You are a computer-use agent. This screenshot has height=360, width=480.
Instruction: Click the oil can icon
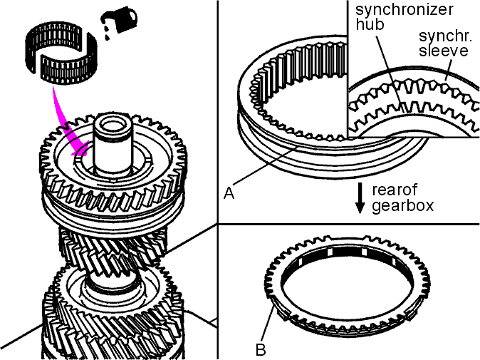coord(119,20)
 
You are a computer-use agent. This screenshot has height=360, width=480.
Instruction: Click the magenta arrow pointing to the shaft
coord(66,123)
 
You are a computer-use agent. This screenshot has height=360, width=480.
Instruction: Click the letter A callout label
coord(229,193)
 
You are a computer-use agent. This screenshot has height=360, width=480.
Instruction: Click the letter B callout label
coord(261,349)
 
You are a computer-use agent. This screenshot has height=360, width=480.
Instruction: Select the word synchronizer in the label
coord(404,9)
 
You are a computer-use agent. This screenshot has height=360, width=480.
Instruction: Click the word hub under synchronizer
coord(370,24)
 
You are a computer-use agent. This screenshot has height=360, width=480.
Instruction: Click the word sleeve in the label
coord(444,50)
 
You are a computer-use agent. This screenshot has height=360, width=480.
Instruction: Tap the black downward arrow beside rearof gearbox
coord(360,197)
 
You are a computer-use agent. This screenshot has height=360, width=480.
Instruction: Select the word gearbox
coord(403,205)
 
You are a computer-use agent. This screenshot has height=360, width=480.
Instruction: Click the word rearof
coord(395,190)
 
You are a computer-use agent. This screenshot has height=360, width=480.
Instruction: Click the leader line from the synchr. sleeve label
coord(448,69)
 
